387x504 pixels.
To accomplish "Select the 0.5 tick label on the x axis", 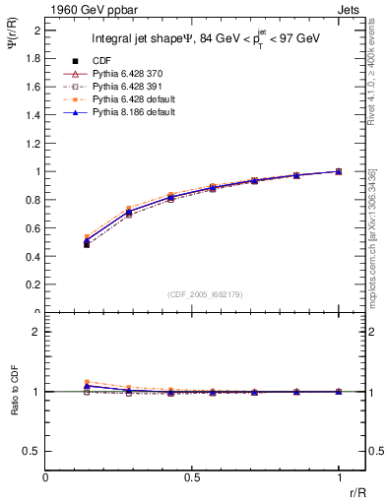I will tap(191, 477).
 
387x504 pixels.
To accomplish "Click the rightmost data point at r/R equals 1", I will tap(339, 171).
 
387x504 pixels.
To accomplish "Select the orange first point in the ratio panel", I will tap(88, 382).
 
